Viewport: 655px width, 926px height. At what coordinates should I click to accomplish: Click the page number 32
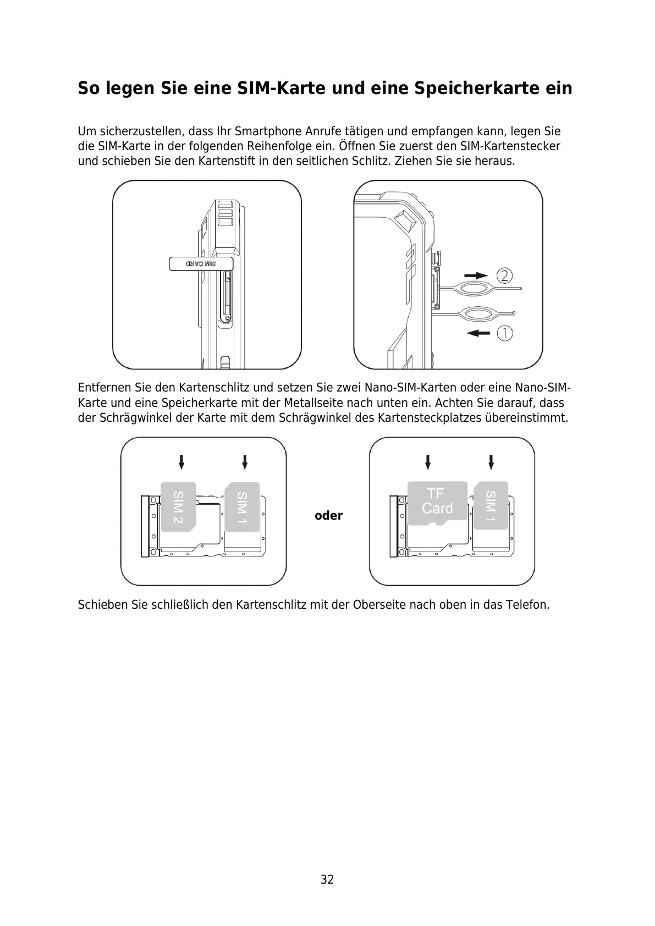coord(327,879)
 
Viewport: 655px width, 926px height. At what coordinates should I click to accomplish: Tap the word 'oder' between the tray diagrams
coord(328,516)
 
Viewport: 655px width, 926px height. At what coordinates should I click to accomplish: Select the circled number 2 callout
coord(505,275)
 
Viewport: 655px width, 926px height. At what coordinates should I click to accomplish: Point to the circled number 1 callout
coord(505,333)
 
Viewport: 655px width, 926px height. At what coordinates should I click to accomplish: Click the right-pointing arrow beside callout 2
coord(475,275)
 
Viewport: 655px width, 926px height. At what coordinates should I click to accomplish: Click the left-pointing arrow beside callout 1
coord(477,333)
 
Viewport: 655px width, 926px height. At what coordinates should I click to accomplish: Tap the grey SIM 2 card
coord(178,506)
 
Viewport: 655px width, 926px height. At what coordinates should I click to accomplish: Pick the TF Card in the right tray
coord(437,501)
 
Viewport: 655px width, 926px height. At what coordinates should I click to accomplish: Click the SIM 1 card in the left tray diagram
coord(242,506)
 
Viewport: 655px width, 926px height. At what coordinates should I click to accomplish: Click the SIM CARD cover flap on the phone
coord(201,264)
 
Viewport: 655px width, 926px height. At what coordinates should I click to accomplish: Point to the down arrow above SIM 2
coord(181,461)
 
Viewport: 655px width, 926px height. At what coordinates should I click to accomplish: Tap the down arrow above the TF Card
coord(428,461)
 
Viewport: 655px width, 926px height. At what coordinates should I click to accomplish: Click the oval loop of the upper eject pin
coord(476,288)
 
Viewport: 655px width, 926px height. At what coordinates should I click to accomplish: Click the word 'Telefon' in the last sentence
coord(531,605)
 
